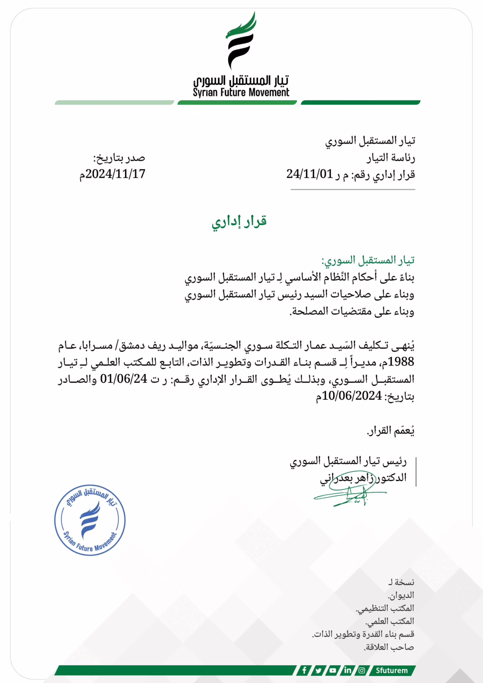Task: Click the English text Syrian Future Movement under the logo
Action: coord(241,92)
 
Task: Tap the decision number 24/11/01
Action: coord(310,174)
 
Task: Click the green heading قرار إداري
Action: coord(239,221)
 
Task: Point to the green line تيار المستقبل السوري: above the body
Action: coord(368,260)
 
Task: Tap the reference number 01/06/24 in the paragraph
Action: coord(124,379)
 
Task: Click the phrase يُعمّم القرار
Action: coord(390,430)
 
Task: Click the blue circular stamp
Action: coord(90,520)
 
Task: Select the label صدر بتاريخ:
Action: coord(119,158)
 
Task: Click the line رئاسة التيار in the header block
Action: coord(391,158)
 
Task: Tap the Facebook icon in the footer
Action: coord(304,670)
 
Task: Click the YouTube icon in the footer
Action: coord(333,670)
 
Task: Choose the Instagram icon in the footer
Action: coord(362,670)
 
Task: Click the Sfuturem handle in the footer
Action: coord(391,670)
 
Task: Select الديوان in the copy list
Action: coord(401,595)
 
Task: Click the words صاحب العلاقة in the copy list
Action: coord(389,647)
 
